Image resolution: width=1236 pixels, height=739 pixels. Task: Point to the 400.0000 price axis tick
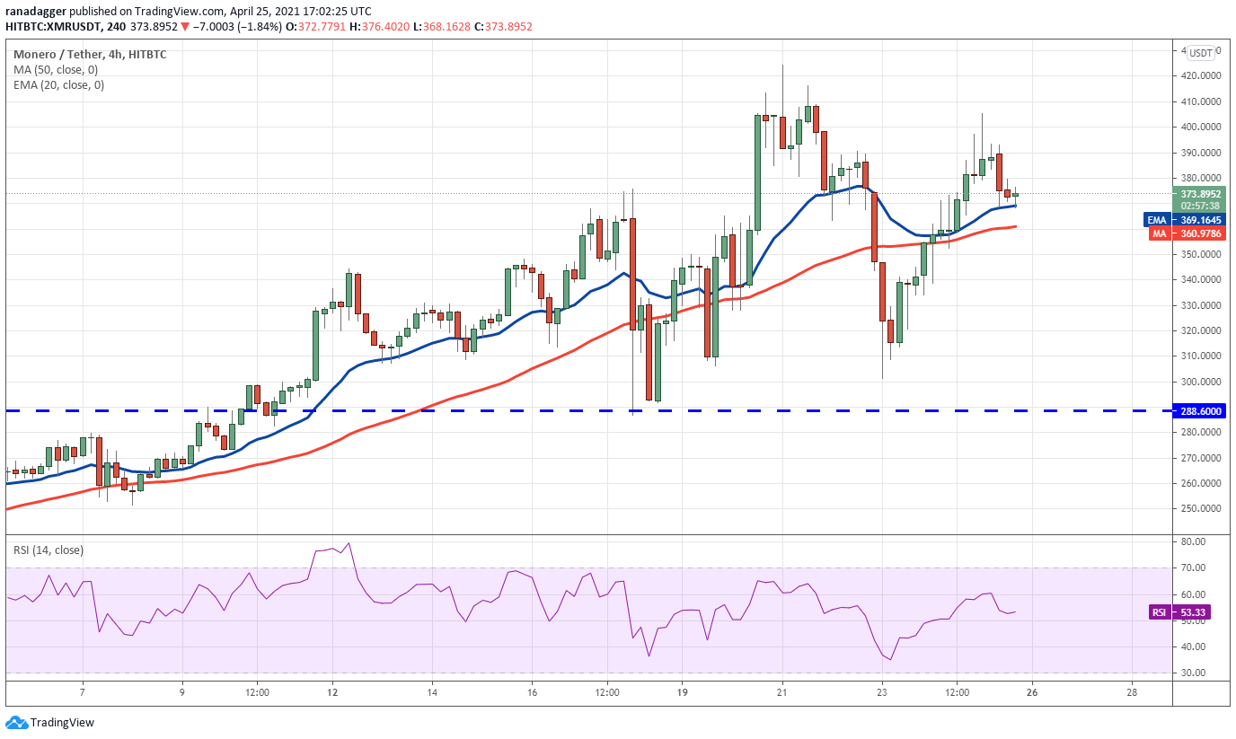(1199, 128)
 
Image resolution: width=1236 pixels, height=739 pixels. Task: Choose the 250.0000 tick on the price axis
(1199, 509)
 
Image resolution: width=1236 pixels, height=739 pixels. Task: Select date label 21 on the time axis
(781, 692)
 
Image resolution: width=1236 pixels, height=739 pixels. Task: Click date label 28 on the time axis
(1132, 692)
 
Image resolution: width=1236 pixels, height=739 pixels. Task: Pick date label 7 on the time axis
(82, 692)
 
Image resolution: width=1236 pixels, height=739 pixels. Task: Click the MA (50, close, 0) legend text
(56, 70)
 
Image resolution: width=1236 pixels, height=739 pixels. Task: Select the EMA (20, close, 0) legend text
(58, 85)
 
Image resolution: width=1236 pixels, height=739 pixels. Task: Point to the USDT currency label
(1200, 52)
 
